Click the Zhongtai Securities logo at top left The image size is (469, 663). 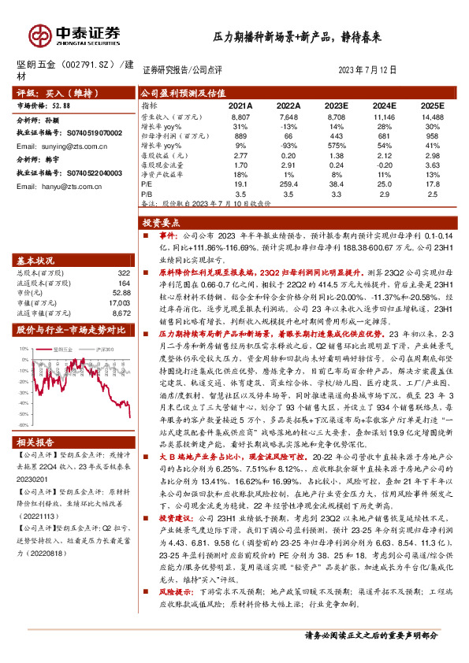coord(75,35)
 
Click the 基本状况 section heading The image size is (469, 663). coord(36,239)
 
